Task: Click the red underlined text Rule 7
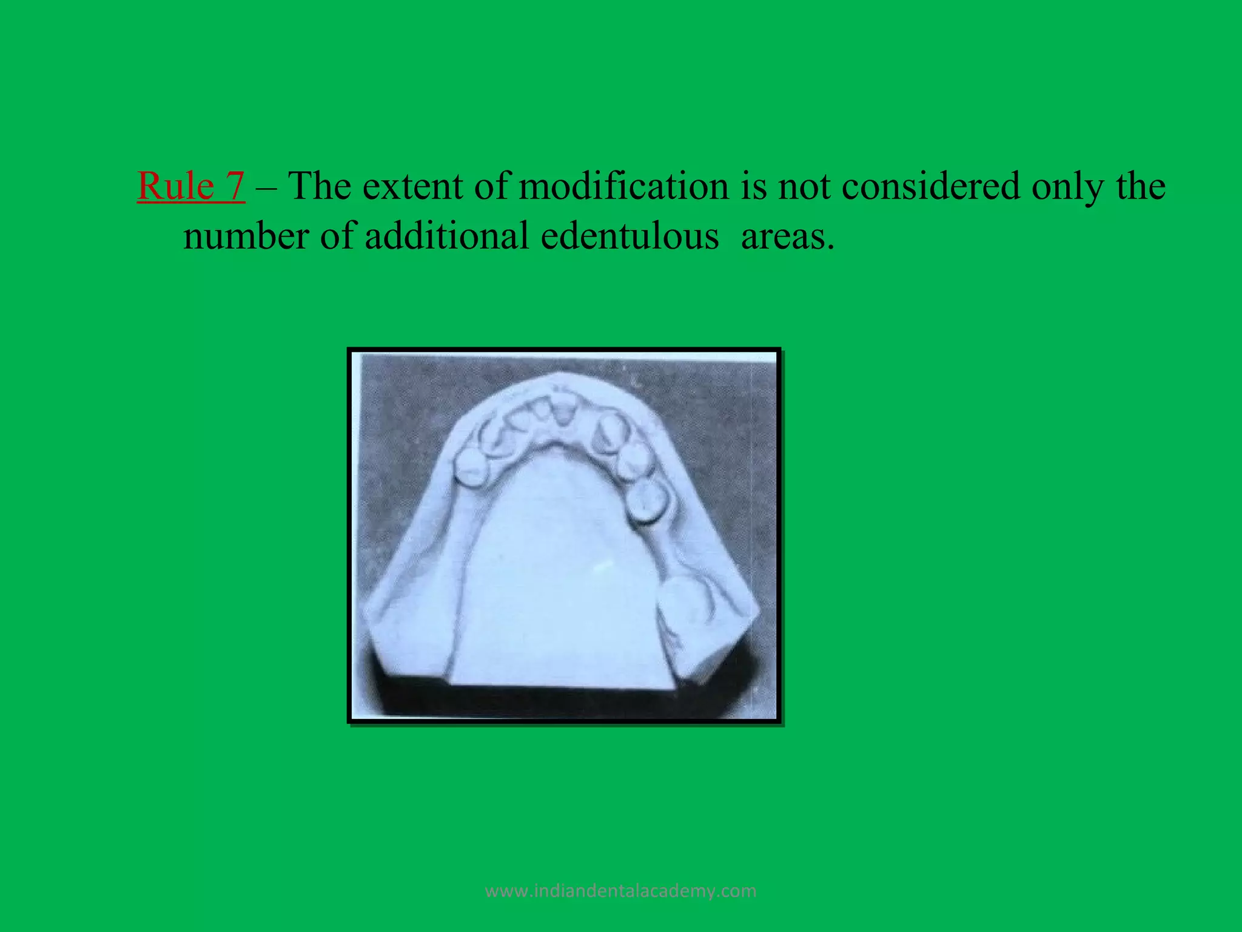(x=191, y=186)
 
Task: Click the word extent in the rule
(x=413, y=186)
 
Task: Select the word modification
(x=623, y=186)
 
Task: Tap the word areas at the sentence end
(x=787, y=237)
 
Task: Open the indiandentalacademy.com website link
(x=621, y=891)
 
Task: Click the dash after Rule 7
(x=266, y=187)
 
